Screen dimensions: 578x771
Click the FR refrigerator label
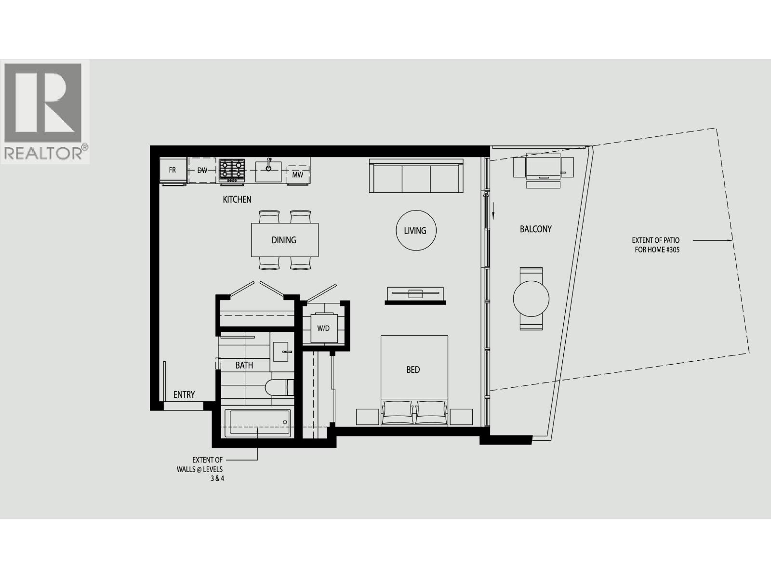coord(172,171)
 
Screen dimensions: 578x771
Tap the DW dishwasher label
coord(202,171)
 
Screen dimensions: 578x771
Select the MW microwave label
coord(297,175)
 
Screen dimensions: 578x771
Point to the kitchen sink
coord(268,170)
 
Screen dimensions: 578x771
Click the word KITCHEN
coord(237,199)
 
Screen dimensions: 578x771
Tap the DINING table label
coord(284,240)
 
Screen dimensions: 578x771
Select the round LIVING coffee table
coord(415,230)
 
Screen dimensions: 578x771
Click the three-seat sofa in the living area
coord(416,176)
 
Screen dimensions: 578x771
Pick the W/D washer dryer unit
coord(323,328)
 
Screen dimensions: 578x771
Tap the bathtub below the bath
coord(258,423)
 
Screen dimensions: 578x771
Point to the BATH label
coord(244,365)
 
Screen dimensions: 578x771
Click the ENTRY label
coord(184,395)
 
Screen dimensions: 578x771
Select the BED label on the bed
coord(413,370)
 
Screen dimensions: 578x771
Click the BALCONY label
coord(535,229)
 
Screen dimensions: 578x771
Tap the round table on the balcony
coord(531,299)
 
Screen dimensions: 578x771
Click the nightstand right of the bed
coord(461,417)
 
